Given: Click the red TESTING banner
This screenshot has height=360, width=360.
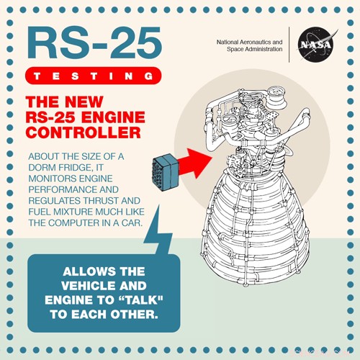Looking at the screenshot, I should coord(89,76).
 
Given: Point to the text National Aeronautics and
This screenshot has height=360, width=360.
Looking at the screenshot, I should coord(250,42).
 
